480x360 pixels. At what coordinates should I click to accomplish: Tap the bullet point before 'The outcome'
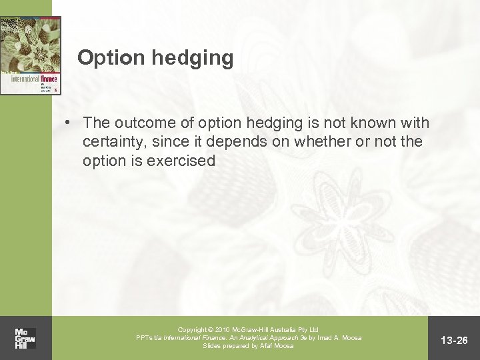click(69, 123)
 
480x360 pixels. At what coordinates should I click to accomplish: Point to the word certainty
click(115, 142)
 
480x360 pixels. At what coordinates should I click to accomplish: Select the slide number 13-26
click(456, 341)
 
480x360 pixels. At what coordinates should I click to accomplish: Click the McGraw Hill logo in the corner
click(25, 339)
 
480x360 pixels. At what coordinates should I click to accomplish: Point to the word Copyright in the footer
click(194, 330)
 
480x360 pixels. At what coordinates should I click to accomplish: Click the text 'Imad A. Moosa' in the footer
click(339, 338)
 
